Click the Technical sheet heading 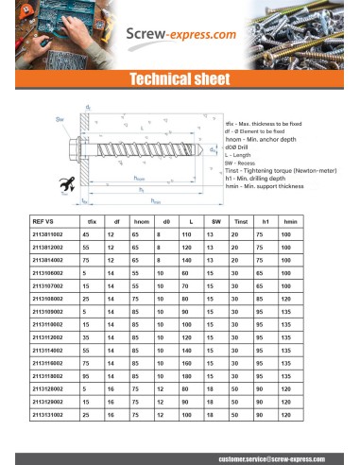click(x=180, y=77)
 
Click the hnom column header click(x=140, y=220)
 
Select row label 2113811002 click(x=50, y=233)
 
